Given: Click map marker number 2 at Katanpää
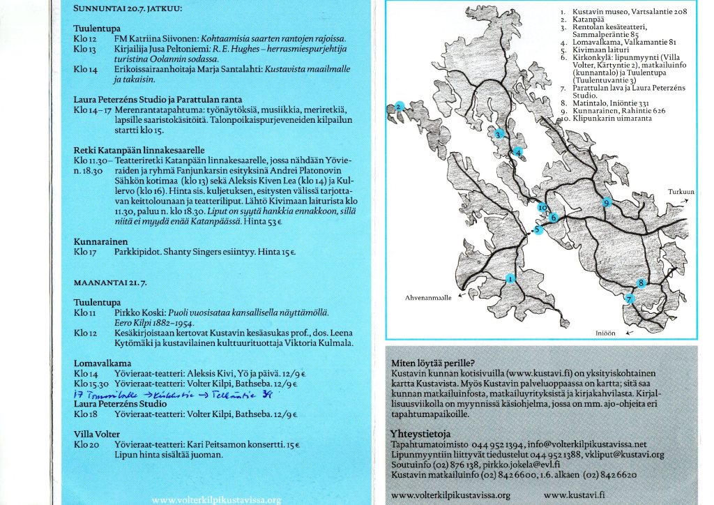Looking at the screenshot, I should (x=399, y=107).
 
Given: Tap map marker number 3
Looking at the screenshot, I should (x=499, y=135).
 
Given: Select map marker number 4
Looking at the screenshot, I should (x=518, y=152).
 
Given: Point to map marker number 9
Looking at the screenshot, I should (x=607, y=202).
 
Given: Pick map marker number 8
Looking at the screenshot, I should (x=641, y=282).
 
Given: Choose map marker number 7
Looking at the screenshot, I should (x=629, y=299).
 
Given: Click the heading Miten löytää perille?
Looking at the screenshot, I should (x=433, y=363).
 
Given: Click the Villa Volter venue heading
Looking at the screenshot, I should (x=97, y=434).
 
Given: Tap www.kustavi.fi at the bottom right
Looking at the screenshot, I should (x=572, y=495).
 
